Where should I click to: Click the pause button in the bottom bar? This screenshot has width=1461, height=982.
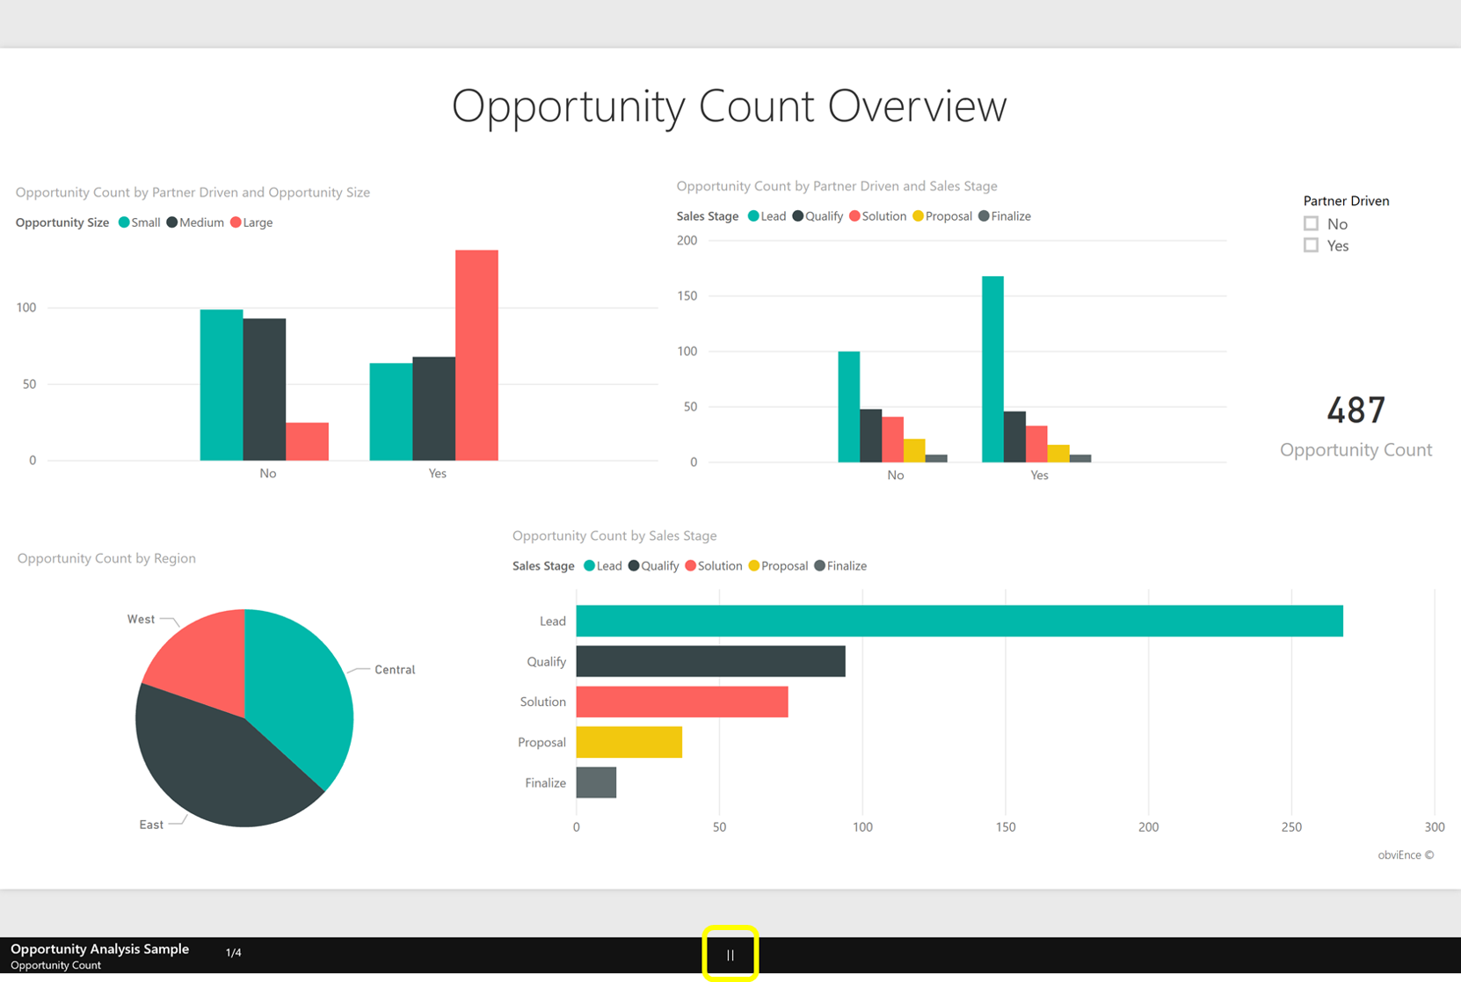point(730,955)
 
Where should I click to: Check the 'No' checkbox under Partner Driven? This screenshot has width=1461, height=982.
point(1311,223)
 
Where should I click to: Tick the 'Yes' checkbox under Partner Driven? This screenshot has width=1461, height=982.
point(1311,245)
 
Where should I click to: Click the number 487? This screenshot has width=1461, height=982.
point(1356,411)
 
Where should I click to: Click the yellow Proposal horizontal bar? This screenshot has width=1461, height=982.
point(629,742)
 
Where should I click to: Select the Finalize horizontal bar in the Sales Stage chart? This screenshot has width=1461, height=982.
point(596,782)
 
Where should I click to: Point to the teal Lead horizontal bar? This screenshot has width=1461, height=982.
point(958,621)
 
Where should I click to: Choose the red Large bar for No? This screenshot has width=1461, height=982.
point(307,441)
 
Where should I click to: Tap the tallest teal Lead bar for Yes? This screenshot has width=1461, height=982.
point(992,369)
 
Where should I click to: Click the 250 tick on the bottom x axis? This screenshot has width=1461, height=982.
point(1291,826)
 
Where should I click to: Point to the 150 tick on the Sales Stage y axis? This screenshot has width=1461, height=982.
point(687,296)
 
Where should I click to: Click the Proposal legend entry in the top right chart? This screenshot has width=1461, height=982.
point(949,216)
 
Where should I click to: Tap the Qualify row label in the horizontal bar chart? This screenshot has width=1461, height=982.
point(546,661)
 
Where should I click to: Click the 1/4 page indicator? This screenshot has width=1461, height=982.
point(233,952)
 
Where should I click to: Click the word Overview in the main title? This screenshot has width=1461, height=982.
point(917,106)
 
